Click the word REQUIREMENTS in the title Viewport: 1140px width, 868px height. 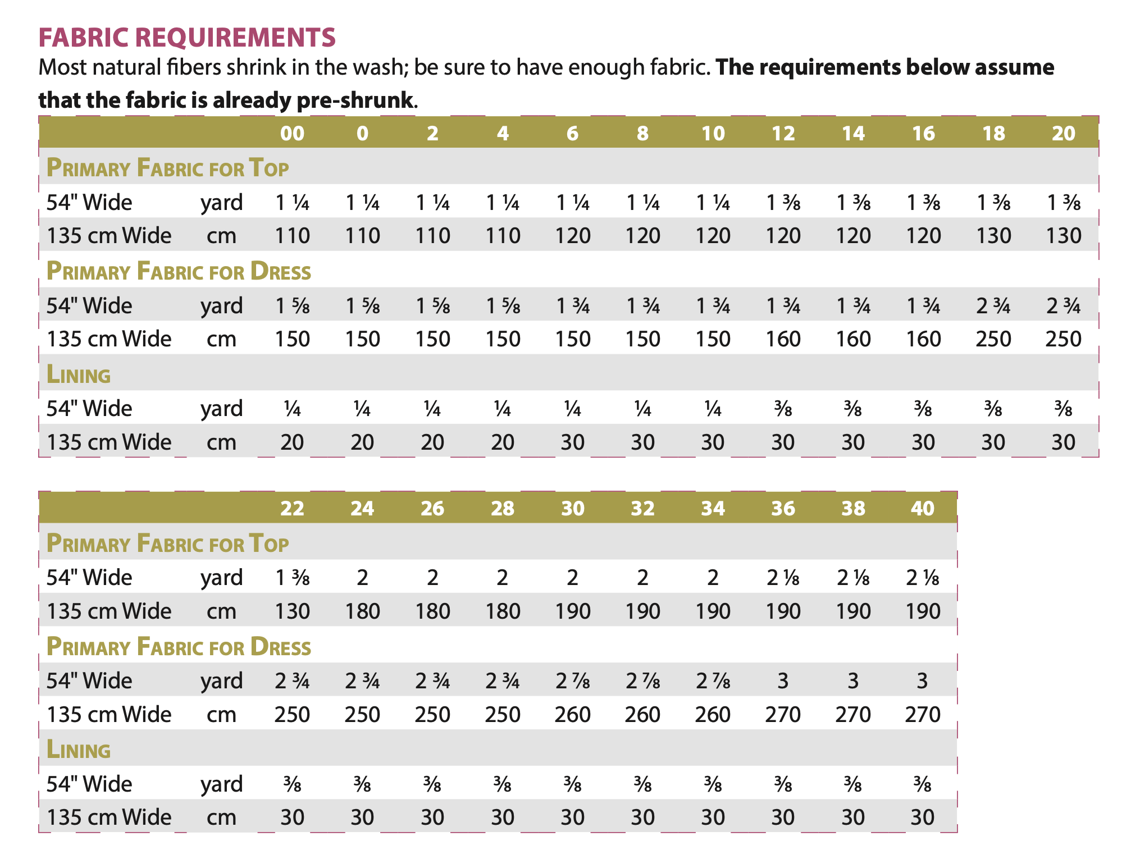coord(235,38)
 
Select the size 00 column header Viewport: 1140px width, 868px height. coord(292,133)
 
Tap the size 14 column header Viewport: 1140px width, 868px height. coord(853,133)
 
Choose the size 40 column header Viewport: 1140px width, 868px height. coord(923,508)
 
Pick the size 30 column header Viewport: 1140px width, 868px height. coord(572,508)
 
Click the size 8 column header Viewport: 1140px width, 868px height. coord(642,133)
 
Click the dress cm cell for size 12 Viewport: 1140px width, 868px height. coord(783,339)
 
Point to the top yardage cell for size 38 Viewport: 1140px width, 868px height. coord(853,578)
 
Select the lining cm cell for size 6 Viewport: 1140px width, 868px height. coord(572,442)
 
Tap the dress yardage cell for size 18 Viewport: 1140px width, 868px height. coord(993,306)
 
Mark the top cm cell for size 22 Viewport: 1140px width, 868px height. coord(292,611)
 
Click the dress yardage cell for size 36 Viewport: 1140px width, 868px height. coord(783,681)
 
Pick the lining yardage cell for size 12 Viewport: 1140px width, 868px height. coord(783,409)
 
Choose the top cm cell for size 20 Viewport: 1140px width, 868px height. coord(1063,236)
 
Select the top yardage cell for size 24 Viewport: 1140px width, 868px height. coord(362,578)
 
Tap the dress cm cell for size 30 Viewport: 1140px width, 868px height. coord(572,714)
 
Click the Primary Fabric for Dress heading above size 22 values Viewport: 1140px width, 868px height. coord(179,647)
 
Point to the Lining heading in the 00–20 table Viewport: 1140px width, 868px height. coord(79,374)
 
